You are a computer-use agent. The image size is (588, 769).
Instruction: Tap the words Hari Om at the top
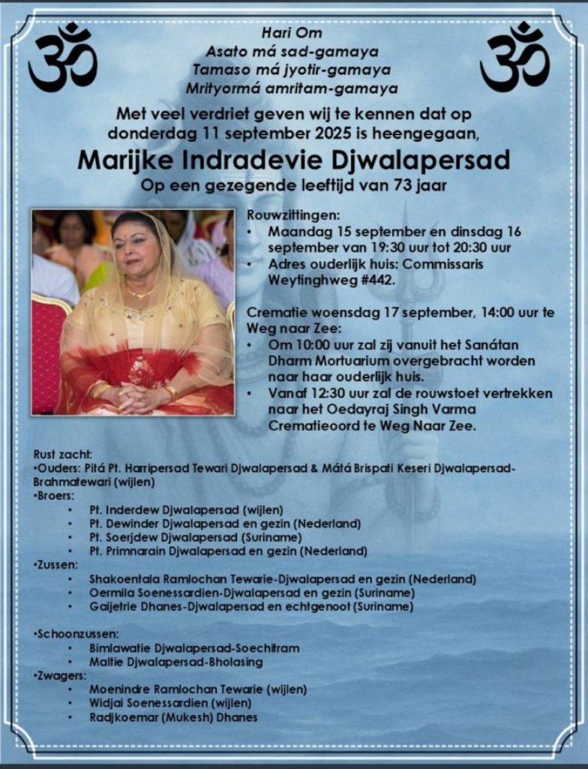[293, 32]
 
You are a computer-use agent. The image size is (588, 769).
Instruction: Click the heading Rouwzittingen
[283, 216]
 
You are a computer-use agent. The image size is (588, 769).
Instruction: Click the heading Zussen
[57, 564]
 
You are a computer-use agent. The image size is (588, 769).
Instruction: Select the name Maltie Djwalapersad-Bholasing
[176, 662]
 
